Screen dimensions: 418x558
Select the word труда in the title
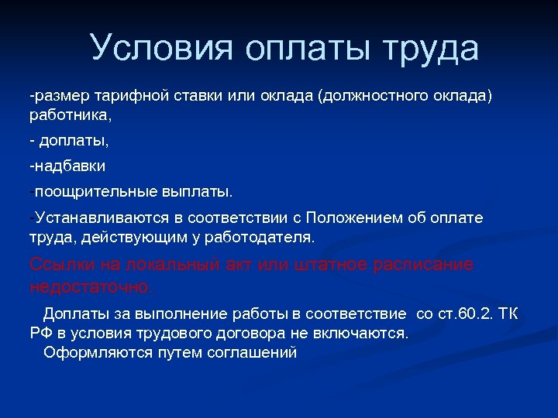(429, 48)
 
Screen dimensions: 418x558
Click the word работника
(69, 115)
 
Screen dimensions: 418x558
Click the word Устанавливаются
(96, 218)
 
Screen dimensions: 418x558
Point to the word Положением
(349, 218)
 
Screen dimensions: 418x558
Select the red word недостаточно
(91, 286)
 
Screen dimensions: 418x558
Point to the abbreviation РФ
(40, 333)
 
